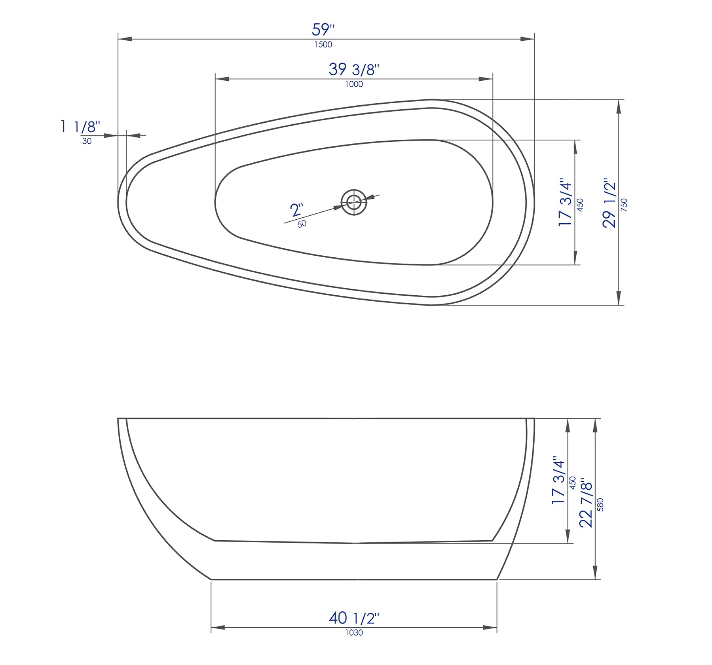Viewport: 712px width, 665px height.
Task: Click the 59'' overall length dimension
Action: [x=323, y=30]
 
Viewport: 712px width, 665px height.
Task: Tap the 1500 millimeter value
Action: [x=323, y=45]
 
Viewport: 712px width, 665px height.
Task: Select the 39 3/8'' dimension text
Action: [x=353, y=69]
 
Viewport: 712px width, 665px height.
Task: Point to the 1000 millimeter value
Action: [x=354, y=84]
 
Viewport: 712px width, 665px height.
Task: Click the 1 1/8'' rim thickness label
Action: [x=80, y=127]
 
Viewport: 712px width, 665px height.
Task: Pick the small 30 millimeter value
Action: [x=87, y=141]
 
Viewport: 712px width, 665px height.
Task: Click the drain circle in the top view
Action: [x=354, y=202]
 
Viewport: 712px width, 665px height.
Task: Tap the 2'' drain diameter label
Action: [x=297, y=209]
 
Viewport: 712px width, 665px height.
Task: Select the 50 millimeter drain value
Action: [x=302, y=224]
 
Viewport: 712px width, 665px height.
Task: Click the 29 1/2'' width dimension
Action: [x=609, y=203]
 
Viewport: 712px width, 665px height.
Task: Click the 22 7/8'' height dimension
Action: [x=586, y=505]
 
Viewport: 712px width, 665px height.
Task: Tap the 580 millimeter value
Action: [x=600, y=505]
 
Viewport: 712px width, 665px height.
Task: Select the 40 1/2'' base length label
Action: [x=354, y=617]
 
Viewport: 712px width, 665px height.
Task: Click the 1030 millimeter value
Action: [x=354, y=633]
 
